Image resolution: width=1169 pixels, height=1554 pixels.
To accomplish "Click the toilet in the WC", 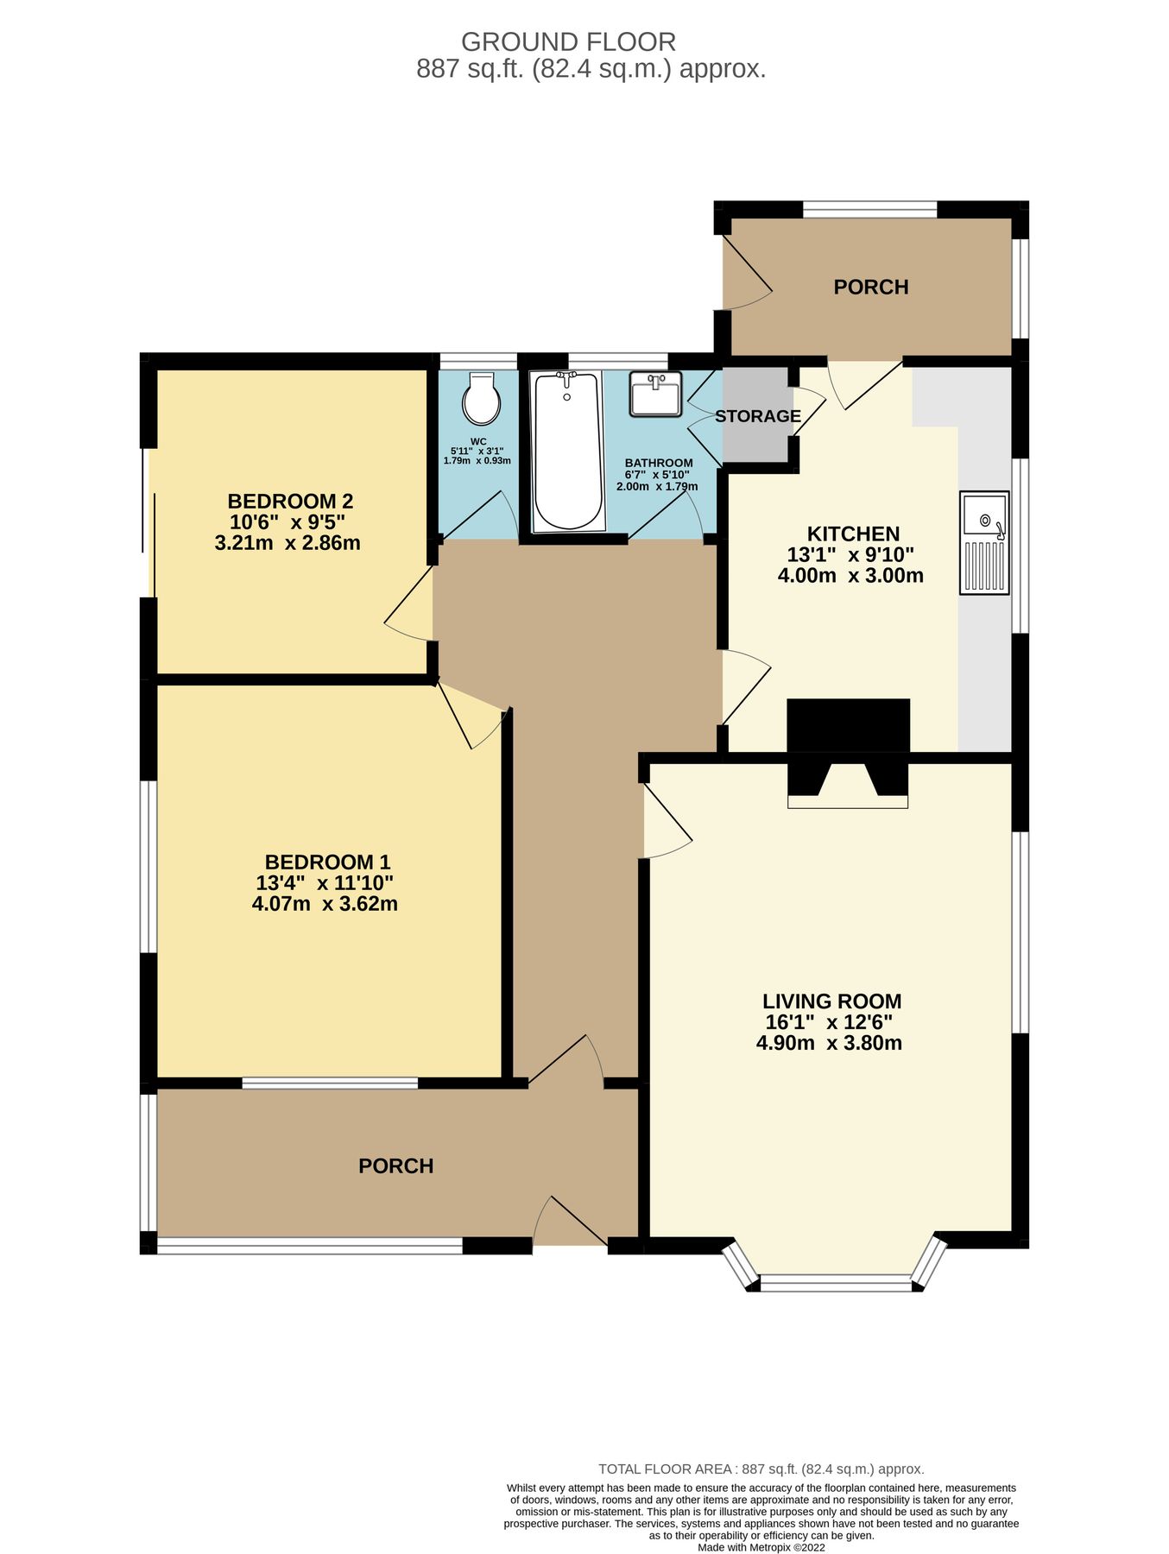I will point(481,400).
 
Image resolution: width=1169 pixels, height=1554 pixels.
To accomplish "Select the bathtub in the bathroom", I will point(567,451).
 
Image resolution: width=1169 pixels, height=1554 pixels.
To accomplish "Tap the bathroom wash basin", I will point(655,394).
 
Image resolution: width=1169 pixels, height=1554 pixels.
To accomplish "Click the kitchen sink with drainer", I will point(983,542).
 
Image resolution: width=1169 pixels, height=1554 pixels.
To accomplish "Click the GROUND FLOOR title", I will point(568,41).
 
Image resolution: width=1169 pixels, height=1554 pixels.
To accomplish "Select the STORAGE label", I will point(757,416).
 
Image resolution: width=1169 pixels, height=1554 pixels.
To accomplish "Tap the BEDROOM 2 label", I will point(290,501).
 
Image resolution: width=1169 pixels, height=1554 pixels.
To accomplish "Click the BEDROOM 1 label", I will point(327,862).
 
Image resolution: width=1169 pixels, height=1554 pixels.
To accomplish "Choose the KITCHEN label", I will point(853,534).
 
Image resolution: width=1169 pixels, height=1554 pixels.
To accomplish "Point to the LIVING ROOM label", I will point(831,1001).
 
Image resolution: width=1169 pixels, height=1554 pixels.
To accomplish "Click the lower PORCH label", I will point(395,1166).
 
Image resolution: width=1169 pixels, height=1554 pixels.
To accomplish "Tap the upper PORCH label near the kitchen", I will point(870,287).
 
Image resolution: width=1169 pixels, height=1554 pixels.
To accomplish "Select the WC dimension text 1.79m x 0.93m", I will point(477,461).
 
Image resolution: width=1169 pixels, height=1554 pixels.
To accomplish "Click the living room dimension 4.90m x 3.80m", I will point(829,1043).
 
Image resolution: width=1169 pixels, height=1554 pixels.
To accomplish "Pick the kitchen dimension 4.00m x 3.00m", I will point(850,576).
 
